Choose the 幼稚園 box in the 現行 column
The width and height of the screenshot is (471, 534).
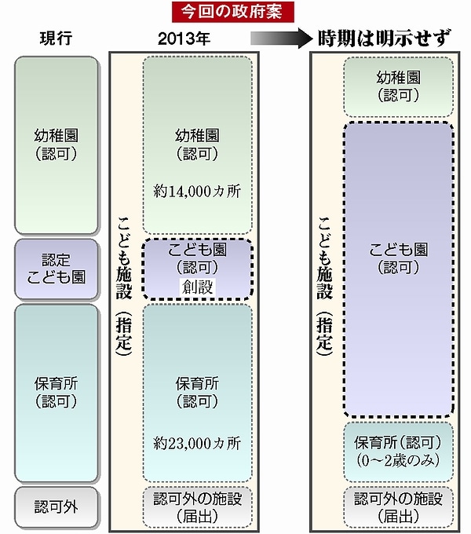tap(56, 144)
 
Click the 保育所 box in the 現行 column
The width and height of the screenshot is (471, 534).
tap(56, 393)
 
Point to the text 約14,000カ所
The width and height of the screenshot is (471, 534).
tap(197, 189)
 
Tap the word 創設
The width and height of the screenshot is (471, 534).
tap(197, 287)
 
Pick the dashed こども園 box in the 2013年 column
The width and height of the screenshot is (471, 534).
tap(197, 268)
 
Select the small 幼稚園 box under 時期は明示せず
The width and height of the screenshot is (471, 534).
tap(399, 85)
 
